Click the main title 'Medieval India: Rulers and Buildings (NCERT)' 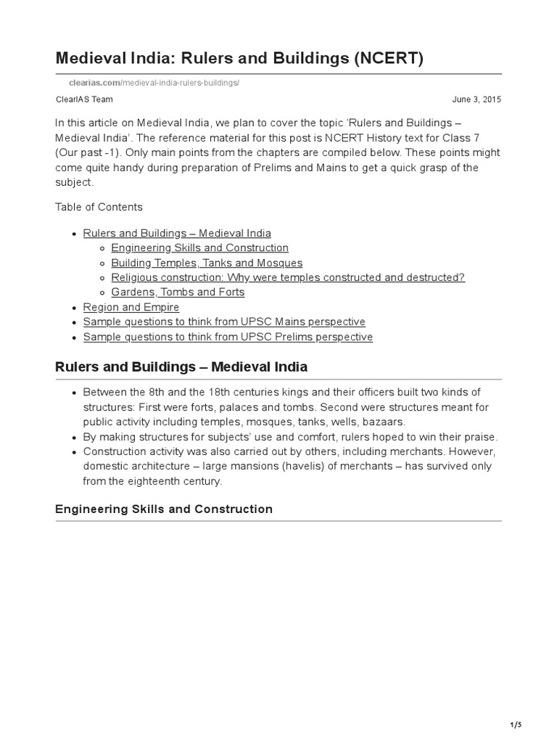point(239,58)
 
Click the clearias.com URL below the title point(148,83)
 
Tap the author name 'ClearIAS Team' point(84,99)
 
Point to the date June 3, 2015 point(476,99)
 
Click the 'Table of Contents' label point(99,207)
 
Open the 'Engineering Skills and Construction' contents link point(199,248)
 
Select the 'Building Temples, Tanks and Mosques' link point(207,263)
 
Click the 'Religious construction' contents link point(288,277)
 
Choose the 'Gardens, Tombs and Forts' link point(178,292)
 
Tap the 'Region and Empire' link point(131,307)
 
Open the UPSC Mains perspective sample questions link point(224,321)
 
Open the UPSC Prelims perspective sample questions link point(228,337)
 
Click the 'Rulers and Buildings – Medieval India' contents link point(177,233)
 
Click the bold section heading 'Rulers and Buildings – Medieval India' point(181,366)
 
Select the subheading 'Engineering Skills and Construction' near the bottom point(164,509)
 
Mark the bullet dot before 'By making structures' point(75,437)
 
